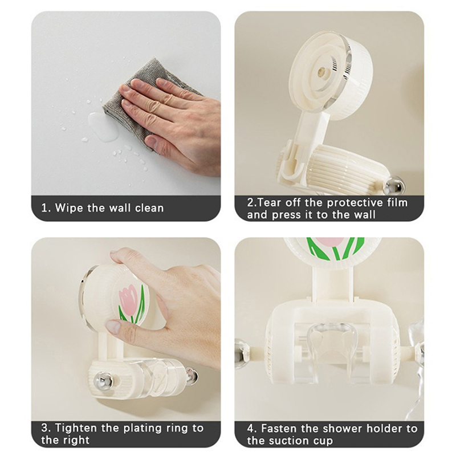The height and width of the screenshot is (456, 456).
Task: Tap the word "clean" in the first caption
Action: (x=149, y=208)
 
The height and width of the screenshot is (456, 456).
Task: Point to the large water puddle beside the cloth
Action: (x=103, y=127)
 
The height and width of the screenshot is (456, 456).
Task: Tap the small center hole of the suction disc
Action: (x=322, y=71)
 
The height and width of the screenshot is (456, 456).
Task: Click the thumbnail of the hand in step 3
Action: (x=113, y=327)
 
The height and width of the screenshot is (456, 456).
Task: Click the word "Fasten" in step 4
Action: (x=279, y=429)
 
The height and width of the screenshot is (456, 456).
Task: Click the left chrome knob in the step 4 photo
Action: (x=242, y=354)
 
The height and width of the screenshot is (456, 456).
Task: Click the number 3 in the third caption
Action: (x=44, y=429)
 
